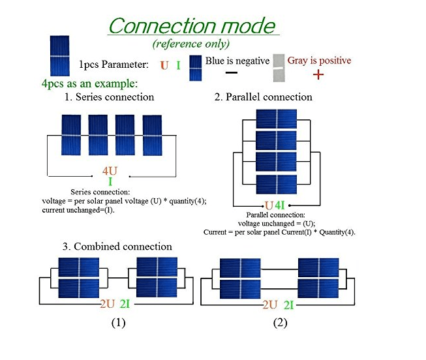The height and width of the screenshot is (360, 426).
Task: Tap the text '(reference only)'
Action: [x=190, y=44]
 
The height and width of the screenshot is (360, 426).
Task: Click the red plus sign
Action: [x=318, y=74]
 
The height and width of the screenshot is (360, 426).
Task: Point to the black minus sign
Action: [x=230, y=73]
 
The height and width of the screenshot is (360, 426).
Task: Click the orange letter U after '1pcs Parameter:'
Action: [x=164, y=65]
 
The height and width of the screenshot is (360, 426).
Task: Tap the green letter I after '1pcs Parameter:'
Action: [x=178, y=65]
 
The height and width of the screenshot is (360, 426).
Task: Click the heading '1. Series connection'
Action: [x=109, y=97]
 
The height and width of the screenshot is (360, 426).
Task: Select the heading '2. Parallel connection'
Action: [x=264, y=97]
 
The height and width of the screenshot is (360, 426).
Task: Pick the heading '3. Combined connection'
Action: [x=117, y=247]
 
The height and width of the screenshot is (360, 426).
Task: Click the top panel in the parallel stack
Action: [x=277, y=119]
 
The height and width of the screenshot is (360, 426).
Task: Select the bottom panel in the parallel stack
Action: [x=277, y=185]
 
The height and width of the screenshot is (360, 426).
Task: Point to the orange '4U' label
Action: [x=110, y=172]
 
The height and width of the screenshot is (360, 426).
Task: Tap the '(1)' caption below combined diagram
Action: [x=117, y=323]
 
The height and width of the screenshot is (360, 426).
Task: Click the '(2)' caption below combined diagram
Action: [x=280, y=323]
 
